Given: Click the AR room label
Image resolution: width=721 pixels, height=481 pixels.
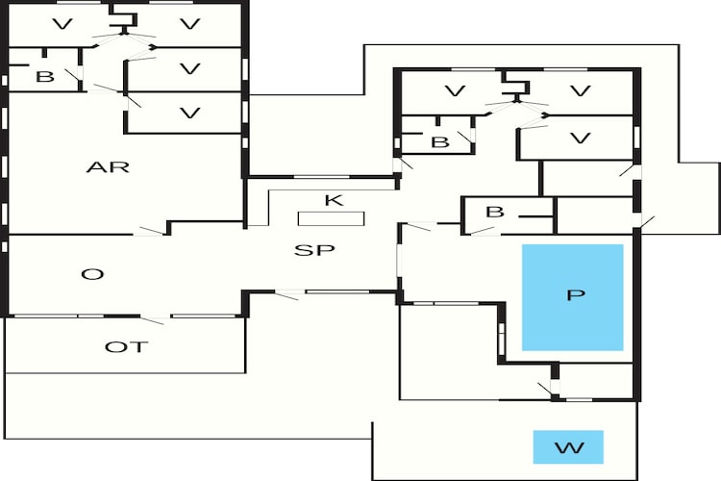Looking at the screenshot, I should pyautogui.click(x=107, y=167).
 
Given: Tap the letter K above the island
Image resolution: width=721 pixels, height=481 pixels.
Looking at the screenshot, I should pyautogui.click(x=333, y=200).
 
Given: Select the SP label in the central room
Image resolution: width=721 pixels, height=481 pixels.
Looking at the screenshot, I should pyautogui.click(x=313, y=250).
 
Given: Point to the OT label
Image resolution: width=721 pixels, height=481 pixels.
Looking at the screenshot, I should pyautogui.click(x=127, y=346).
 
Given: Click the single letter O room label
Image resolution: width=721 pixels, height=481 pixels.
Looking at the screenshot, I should pyautogui.click(x=92, y=274).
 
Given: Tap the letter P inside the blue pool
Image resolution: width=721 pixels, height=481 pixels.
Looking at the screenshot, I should pyautogui.click(x=575, y=294).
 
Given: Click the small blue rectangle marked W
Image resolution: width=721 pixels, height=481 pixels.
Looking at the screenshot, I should pyautogui.click(x=568, y=447).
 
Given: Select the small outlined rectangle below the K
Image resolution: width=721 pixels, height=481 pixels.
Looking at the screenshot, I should pyautogui.click(x=331, y=218).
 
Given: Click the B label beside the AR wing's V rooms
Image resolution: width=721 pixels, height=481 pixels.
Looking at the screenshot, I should pyautogui.click(x=44, y=77).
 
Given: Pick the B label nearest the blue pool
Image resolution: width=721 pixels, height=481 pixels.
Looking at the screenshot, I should pyautogui.click(x=494, y=212).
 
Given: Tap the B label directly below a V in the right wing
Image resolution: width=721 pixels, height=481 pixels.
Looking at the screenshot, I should pyautogui.click(x=440, y=142).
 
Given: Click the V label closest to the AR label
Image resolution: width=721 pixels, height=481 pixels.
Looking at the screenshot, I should pyautogui.click(x=189, y=114).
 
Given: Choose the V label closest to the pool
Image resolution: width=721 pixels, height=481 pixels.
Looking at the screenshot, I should pyautogui.click(x=579, y=138).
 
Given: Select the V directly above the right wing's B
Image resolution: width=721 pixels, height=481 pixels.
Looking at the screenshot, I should pyautogui.click(x=452, y=91).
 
